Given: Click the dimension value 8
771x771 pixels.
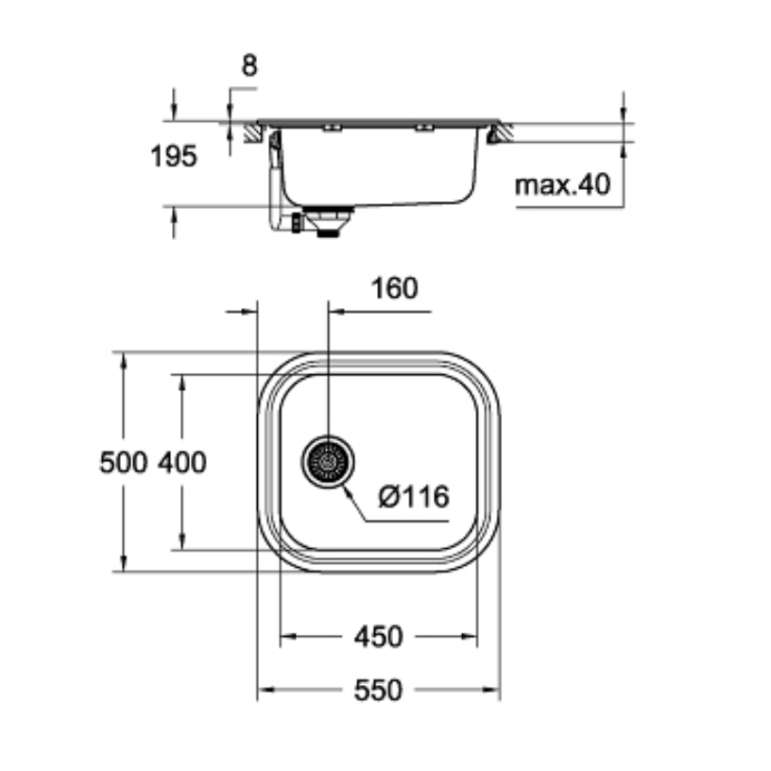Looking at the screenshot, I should tap(248, 65).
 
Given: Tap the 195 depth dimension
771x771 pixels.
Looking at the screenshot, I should tap(174, 156).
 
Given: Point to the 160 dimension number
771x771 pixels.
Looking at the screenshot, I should tap(394, 287).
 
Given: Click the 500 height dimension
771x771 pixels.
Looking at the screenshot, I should tap(124, 462).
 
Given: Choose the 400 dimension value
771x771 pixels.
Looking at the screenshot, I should tap(181, 462).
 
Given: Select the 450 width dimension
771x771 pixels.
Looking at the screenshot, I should tap(378, 637).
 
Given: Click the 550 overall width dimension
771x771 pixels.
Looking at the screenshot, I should tap(378, 691).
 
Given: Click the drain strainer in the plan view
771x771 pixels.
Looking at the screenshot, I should tap(327, 462).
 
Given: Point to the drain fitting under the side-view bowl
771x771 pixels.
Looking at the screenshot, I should tap(327, 223).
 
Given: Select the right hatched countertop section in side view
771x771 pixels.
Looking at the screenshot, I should tap(500, 133).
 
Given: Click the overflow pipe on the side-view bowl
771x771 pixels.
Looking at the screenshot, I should tap(276, 180).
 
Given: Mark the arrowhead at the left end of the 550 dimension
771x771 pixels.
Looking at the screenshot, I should tap(264, 691).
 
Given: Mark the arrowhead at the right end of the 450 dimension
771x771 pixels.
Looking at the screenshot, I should tap(471, 637).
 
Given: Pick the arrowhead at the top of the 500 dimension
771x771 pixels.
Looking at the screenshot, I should tap(124, 359).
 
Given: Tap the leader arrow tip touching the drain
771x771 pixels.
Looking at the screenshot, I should tap(347, 484).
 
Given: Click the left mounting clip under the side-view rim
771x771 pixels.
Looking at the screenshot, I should tap(328, 128).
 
